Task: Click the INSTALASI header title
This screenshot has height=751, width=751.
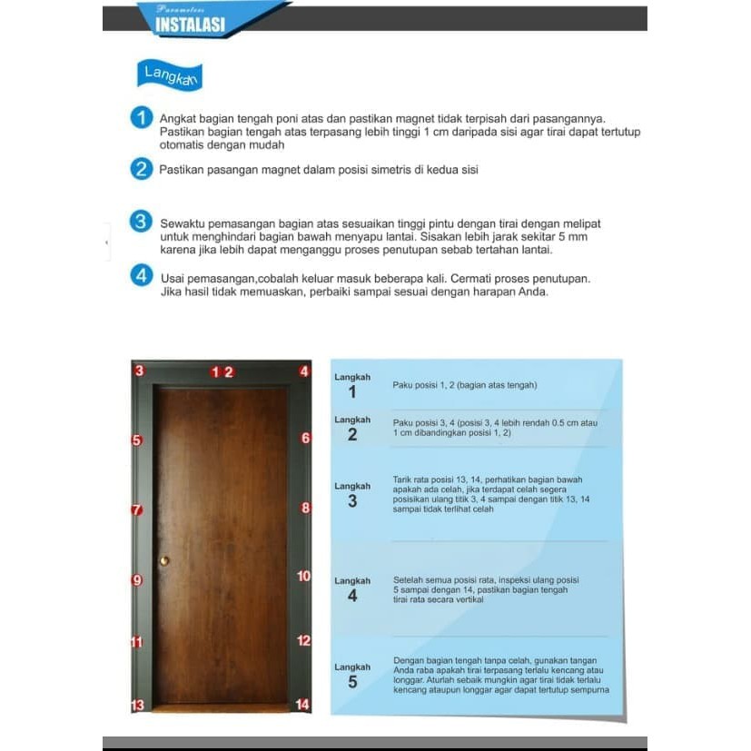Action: pos(190,25)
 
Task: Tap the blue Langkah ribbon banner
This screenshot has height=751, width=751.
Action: pos(169,75)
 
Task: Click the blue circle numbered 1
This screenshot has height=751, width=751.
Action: pos(141,118)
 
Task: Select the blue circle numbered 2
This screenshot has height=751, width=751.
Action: pos(141,169)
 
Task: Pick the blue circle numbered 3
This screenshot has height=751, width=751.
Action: pos(141,222)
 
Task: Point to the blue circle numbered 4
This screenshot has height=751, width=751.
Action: pos(141,275)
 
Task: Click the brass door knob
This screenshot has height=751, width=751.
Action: pos(164,560)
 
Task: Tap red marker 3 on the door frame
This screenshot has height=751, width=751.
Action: pos(138,371)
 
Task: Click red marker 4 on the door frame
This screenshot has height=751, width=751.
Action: pos(304,371)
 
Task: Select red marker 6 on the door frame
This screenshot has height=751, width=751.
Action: pos(305,439)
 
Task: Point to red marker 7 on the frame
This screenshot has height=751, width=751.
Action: pos(137,510)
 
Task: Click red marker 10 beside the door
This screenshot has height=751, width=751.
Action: pos(304,576)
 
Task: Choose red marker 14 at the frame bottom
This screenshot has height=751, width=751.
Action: pos(303,705)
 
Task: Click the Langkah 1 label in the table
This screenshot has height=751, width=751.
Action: pos(352,386)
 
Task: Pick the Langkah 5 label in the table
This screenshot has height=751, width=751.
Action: pos(352,674)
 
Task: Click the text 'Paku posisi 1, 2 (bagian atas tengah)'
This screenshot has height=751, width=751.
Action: pos(464,385)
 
